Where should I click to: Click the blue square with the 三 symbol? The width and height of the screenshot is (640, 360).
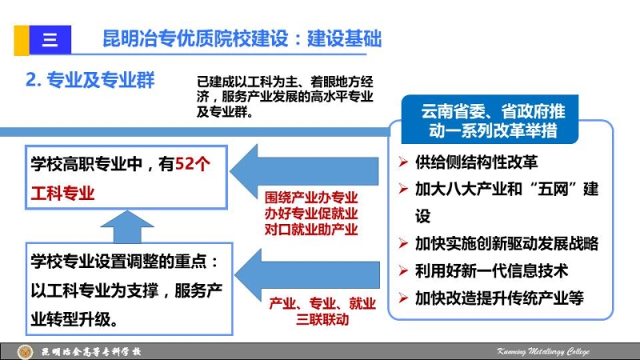pos(50,40)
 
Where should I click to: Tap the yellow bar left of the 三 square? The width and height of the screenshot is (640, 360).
pos(22,40)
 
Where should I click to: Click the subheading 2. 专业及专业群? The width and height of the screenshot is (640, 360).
pos(90,79)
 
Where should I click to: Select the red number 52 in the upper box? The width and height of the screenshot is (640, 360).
pos(184,164)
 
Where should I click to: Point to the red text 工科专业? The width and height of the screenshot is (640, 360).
pos(63,193)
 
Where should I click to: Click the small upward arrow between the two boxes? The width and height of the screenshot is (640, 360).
pos(127,226)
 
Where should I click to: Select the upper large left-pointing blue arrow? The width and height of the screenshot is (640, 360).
pos(304,171)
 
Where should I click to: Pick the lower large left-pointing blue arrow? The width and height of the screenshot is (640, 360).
pos(307,274)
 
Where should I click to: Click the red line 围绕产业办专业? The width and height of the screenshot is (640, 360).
pos(311,198)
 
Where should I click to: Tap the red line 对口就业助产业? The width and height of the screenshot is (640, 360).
pos(311,229)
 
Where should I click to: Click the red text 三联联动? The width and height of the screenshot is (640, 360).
pos(322,319)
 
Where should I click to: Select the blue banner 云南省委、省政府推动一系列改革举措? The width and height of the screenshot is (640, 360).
pos(490,119)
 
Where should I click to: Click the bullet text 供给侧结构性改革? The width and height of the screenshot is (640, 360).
pos(476,162)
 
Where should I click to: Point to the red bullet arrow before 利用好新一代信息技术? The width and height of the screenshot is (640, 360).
pos(403,271)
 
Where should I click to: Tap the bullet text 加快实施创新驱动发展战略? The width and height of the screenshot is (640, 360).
pos(506,244)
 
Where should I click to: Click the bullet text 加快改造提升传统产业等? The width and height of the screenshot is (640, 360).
pos(499,298)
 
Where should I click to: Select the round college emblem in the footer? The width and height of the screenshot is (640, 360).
pos(26,352)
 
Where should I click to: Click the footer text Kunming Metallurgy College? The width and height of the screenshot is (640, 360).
pos(543,351)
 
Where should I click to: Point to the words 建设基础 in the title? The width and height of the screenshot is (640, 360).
pos(344,38)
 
